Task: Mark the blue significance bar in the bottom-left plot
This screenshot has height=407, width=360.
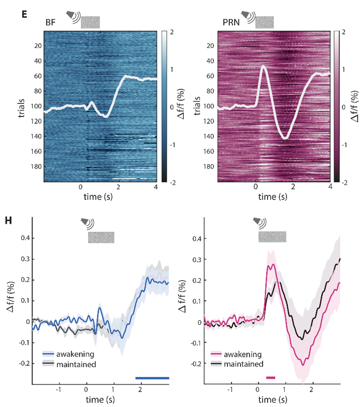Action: pos(152,378)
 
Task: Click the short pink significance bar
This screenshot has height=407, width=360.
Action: pos(270,378)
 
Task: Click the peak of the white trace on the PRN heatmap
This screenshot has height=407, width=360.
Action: pos(264,66)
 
